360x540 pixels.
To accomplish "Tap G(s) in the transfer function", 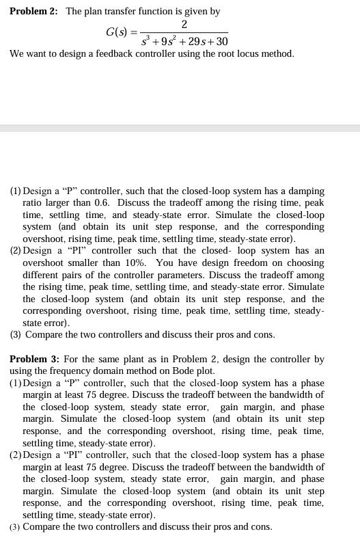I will [119, 32].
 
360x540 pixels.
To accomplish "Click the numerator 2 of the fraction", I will [184, 25].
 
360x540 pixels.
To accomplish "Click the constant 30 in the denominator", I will [220, 42].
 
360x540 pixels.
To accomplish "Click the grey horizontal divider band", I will [180, 129].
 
